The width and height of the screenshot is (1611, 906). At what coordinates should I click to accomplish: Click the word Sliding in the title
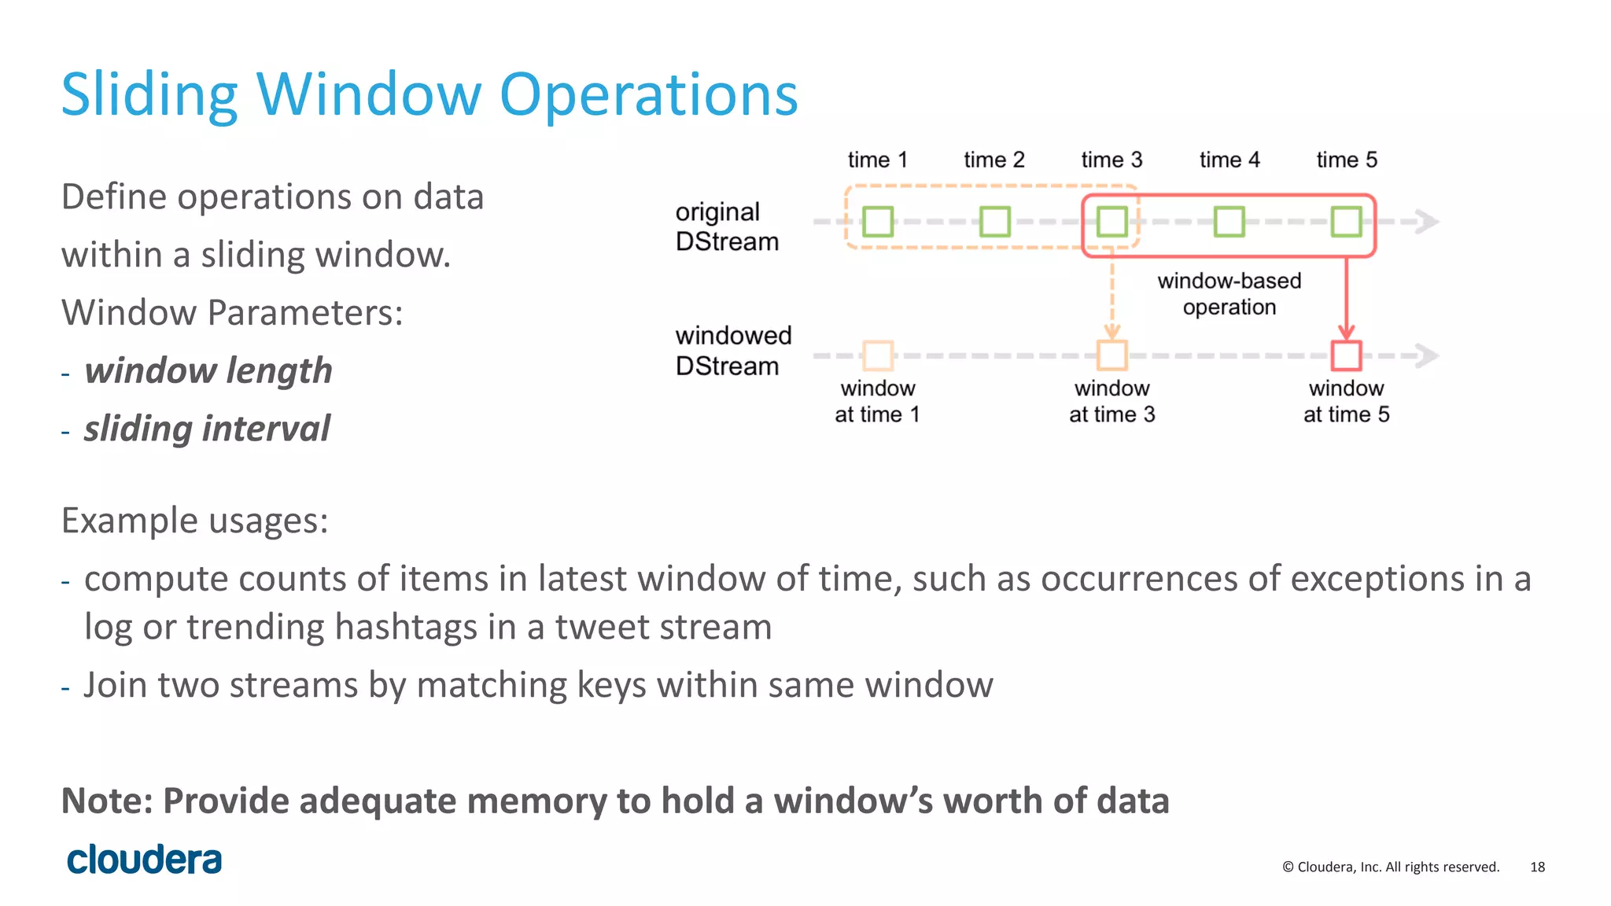(x=149, y=94)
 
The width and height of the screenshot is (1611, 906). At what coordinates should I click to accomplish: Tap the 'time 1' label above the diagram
(x=877, y=160)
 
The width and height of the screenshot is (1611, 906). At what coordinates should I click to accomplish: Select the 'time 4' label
(x=1229, y=160)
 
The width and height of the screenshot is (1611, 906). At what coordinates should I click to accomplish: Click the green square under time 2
(x=994, y=222)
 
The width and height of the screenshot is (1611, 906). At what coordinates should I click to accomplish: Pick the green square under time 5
(x=1346, y=222)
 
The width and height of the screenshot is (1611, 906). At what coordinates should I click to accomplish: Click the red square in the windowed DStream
(x=1346, y=355)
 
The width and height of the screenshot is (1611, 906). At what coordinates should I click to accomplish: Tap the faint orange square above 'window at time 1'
(x=878, y=355)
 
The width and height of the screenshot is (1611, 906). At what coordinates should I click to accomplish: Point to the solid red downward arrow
(x=1346, y=299)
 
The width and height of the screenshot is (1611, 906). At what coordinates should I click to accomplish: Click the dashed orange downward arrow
(x=1112, y=299)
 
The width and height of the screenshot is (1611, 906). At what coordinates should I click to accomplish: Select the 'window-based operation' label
(x=1229, y=293)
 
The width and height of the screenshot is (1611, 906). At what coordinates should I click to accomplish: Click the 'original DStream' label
(x=727, y=226)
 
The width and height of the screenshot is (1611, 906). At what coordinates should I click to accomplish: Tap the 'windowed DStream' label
(x=733, y=351)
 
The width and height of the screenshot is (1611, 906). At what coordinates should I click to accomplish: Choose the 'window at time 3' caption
(x=1111, y=401)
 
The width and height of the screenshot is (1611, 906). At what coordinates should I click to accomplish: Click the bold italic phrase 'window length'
(x=208, y=370)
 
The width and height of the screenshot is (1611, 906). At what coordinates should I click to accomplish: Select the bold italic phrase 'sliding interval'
(x=207, y=429)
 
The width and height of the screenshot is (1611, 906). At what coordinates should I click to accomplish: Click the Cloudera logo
(x=144, y=860)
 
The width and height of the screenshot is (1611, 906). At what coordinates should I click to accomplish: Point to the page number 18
(x=1537, y=867)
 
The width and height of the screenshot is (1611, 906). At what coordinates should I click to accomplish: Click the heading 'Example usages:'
(x=194, y=521)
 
